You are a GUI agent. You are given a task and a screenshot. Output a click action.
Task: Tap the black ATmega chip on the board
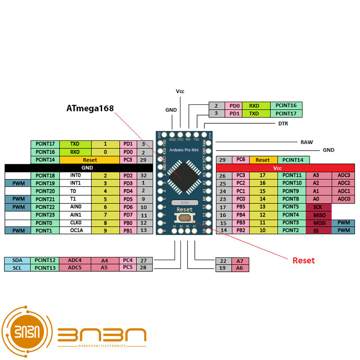(x=181, y=176)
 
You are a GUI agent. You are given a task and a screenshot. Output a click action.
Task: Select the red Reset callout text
(x=304, y=261)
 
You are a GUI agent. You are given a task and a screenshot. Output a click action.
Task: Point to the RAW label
(x=306, y=142)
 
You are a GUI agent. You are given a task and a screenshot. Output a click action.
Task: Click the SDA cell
(x=17, y=260)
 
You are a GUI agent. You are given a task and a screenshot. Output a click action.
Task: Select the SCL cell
(x=17, y=268)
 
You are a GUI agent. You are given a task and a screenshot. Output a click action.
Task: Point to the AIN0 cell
(x=75, y=207)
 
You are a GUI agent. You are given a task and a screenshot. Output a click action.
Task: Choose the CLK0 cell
(x=75, y=223)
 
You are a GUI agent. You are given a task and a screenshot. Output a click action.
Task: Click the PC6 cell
(x=240, y=160)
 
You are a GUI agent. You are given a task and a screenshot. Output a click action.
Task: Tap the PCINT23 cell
(x=45, y=215)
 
